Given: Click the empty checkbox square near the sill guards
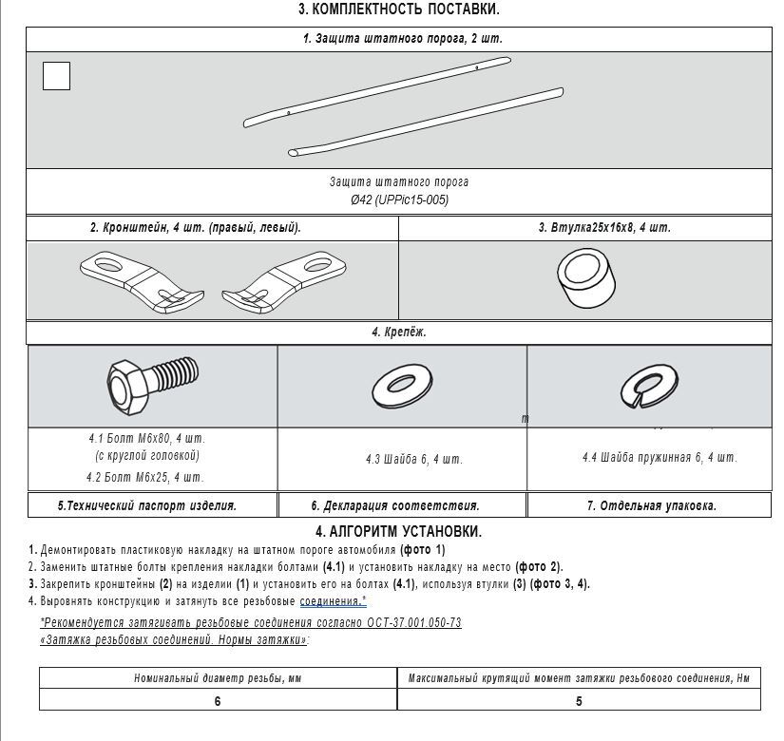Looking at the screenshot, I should [57, 76].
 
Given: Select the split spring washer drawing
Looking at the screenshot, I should [649, 387].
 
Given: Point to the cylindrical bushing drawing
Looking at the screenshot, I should [585, 279].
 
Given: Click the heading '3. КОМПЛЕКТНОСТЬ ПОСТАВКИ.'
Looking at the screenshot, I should [398, 9].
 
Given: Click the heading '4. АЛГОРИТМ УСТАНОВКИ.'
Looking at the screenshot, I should [398, 532].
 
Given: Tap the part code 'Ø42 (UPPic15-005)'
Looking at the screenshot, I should [399, 199].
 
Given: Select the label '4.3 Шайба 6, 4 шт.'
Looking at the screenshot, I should [414, 460].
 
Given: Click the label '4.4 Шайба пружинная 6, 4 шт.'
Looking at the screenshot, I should [660, 458].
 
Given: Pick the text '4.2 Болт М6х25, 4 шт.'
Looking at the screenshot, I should [144, 478].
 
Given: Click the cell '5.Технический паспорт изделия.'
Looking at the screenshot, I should [147, 506].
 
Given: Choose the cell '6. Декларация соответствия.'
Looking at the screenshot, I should [395, 506].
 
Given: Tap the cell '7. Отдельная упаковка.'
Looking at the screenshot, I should [651, 506].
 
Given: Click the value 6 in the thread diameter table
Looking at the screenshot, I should [218, 701].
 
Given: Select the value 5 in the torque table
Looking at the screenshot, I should [579, 701].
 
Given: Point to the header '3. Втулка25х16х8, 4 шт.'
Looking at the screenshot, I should [604, 228].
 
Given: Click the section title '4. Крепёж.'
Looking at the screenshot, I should [398, 332].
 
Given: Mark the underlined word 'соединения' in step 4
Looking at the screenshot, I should [330, 601].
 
